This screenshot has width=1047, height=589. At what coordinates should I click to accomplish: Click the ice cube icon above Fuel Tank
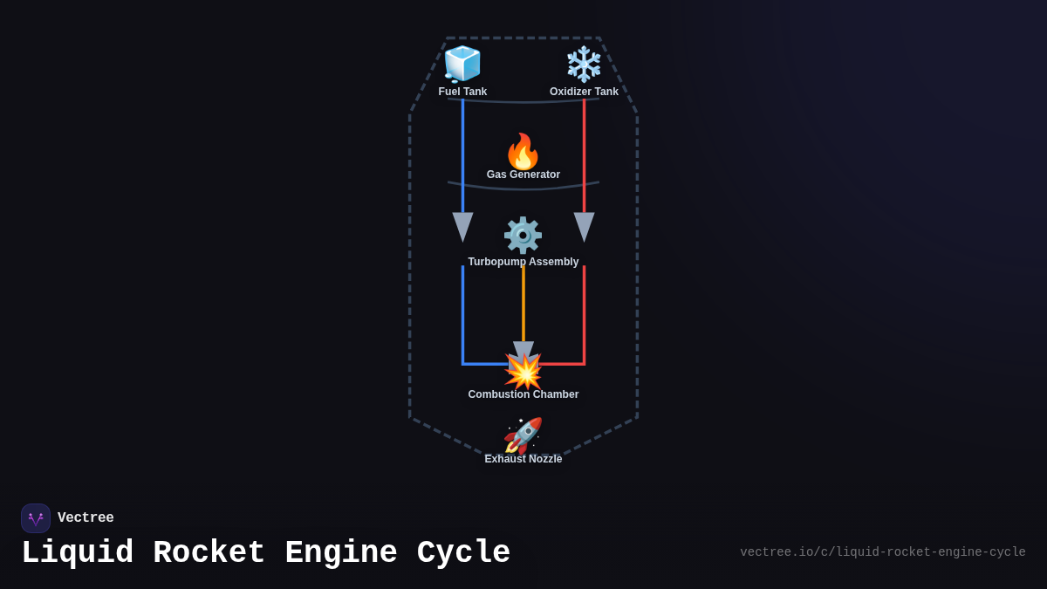462,64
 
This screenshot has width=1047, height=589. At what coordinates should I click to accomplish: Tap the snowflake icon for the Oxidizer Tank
584,64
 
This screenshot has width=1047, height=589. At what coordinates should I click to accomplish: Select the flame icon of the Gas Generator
523,151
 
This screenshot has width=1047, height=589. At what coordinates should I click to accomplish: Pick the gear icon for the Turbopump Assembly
523,235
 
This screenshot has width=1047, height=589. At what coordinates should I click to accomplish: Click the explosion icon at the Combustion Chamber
523,372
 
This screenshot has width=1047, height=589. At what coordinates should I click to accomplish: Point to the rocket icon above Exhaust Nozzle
523,435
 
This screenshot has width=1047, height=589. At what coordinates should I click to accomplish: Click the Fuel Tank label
462,92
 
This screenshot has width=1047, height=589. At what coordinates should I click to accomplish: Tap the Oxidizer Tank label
584,92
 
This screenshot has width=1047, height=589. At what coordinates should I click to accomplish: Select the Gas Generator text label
523,175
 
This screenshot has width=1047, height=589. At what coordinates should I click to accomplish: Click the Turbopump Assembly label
523,262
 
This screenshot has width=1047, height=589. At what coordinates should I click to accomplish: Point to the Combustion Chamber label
523,394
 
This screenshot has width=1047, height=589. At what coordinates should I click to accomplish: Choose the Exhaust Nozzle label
523,459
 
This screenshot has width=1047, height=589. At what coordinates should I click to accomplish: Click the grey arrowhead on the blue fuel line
462,226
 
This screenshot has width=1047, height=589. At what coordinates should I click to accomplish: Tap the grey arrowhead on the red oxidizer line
584,226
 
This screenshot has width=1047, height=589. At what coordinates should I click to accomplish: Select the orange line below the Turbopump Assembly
523,305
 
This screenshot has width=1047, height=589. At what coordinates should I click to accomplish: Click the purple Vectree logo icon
36,518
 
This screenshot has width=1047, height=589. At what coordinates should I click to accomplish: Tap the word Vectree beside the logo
86,518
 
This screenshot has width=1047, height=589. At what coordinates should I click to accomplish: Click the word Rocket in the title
209,553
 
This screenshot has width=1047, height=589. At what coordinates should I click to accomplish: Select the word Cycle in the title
464,553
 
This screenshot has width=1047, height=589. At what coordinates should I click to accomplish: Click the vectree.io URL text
882,552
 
